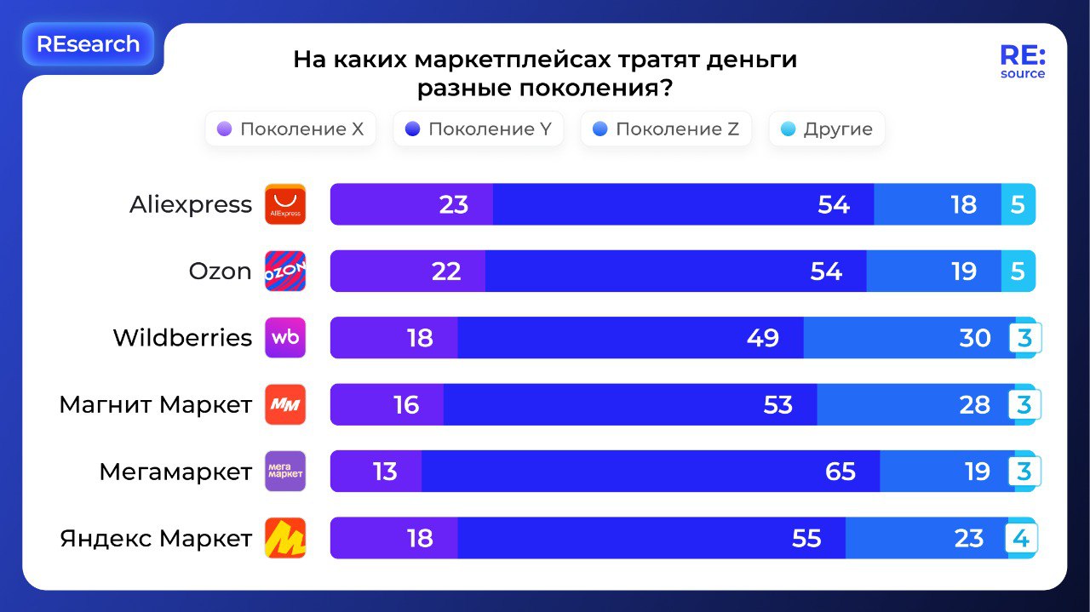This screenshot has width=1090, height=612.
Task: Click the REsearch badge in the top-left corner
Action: tap(88, 44)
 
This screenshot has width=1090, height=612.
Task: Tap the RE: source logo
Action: tap(1022, 62)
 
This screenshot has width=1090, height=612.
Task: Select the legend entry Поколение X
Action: tap(290, 129)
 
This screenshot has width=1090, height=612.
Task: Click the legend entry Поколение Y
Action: tap(478, 129)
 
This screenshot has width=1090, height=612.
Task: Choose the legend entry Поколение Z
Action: tap(666, 129)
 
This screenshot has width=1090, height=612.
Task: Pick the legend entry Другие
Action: tap(827, 129)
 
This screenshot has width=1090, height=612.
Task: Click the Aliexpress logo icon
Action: tap(285, 204)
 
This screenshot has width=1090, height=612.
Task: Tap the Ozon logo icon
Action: tap(285, 272)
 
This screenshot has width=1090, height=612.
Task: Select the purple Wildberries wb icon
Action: tap(285, 338)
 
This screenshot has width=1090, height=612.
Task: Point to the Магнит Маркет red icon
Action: tap(285, 404)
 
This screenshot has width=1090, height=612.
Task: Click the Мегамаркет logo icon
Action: tap(285, 472)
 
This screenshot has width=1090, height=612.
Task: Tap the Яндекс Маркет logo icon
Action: tap(285, 538)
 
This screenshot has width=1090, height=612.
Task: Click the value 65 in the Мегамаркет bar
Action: tap(840, 472)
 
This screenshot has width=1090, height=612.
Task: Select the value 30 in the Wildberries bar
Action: tap(975, 338)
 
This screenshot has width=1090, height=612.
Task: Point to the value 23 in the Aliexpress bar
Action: tap(454, 204)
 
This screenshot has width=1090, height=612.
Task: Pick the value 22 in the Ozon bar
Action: tap(446, 272)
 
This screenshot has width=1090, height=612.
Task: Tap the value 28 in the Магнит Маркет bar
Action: tap(975, 404)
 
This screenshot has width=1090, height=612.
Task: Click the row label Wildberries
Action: tap(182, 338)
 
